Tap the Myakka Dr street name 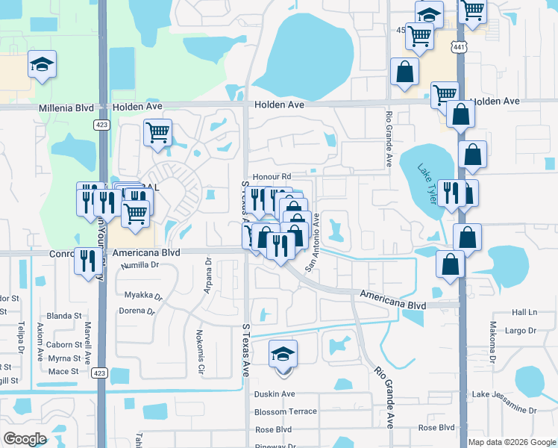click(x=142, y=294)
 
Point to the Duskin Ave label click(x=275, y=394)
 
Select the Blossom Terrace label click(x=286, y=411)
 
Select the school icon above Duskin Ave click(x=283, y=354)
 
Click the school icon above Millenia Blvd click(x=42, y=64)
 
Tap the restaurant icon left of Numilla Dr click(x=88, y=260)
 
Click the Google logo click(x=25, y=439)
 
